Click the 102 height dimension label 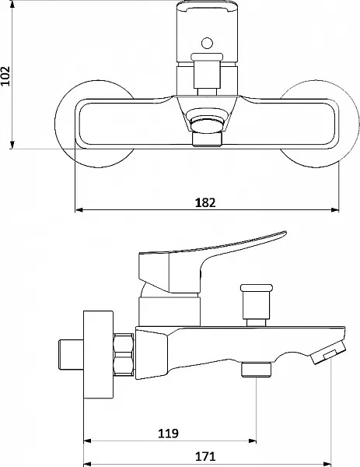(x=5, y=76)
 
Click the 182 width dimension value (x=205, y=203)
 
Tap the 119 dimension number (x=168, y=434)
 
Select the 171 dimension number (x=205, y=456)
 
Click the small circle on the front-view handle (x=207, y=43)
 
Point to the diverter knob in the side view (x=256, y=304)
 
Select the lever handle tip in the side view (x=283, y=233)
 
